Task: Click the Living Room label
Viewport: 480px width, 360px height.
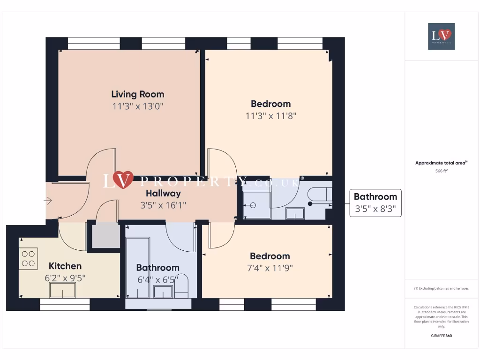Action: coord(137,94)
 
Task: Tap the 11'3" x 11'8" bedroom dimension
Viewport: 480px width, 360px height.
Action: coord(270,116)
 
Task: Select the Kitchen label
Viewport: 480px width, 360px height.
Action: coord(65,266)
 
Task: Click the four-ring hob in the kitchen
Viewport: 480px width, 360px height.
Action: coord(29,259)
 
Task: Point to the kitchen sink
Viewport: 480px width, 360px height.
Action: coord(62,291)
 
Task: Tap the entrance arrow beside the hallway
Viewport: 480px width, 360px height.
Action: coord(48,201)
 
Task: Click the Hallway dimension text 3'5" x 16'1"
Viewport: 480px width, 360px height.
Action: coord(163,205)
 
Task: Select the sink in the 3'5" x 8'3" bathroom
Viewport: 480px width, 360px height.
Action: coord(295,214)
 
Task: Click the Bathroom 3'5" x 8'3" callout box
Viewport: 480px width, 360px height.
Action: coord(375,203)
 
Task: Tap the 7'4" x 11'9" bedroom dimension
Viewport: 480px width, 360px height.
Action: coord(270,268)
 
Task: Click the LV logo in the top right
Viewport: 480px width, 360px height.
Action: coord(441,36)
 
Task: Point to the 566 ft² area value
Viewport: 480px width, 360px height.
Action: coord(441,171)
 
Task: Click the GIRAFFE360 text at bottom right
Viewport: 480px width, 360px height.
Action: coord(441,336)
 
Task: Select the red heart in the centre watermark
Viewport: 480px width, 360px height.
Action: coord(123,180)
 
